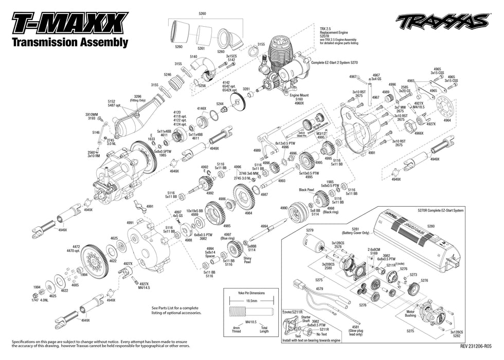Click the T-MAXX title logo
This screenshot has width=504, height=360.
click(x=69, y=24)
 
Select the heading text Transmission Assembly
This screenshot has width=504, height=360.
click(x=69, y=43)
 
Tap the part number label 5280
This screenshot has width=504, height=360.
click(x=430, y=226)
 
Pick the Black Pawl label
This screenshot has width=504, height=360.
click(x=307, y=189)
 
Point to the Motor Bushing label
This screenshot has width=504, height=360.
click(x=410, y=313)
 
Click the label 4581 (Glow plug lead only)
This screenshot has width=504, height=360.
click(x=355, y=329)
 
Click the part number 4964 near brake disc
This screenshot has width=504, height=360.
click(x=447, y=120)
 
